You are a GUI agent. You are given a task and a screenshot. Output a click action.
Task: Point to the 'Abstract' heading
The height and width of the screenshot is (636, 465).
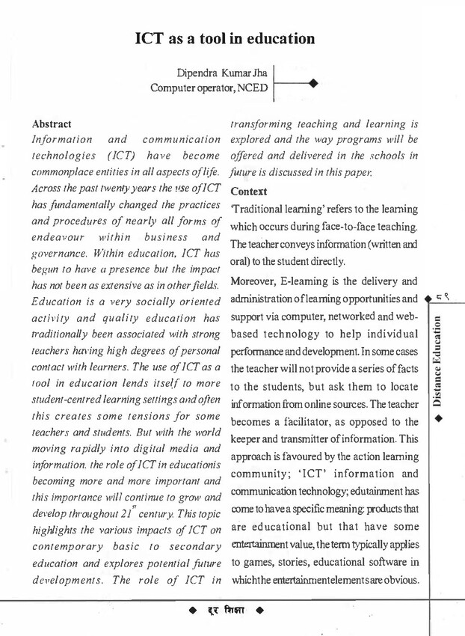52,124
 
